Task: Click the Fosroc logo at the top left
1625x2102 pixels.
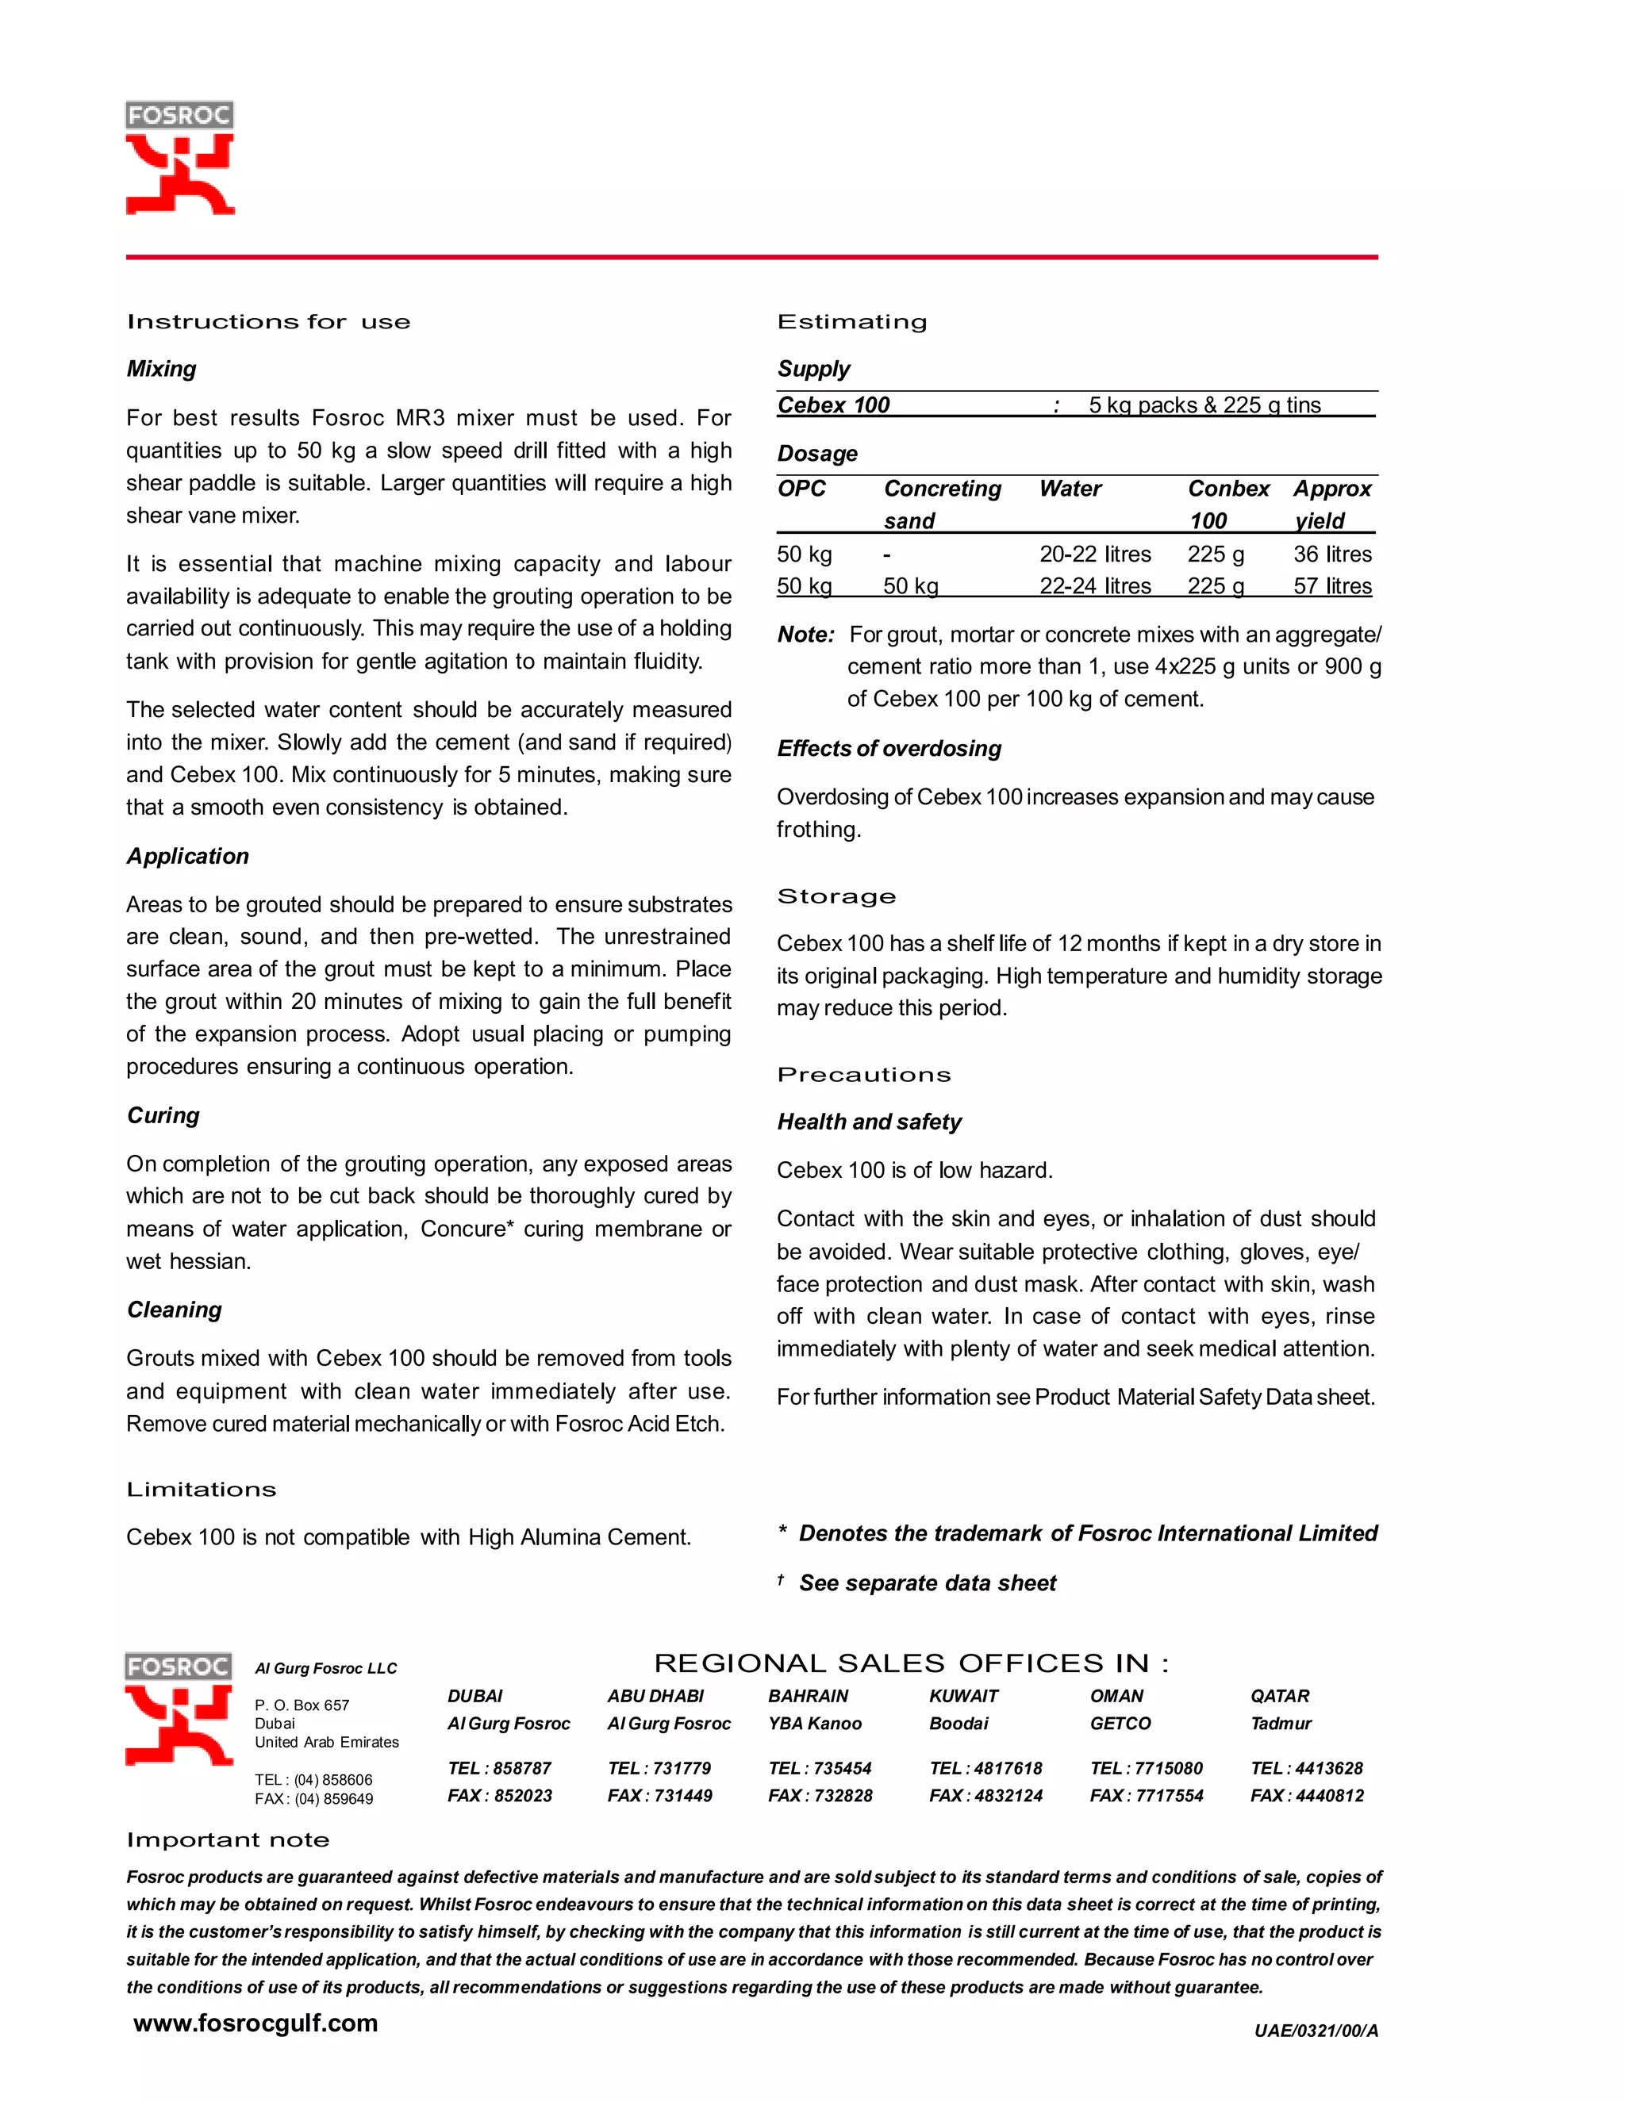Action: (180, 158)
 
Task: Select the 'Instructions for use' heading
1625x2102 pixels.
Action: (269, 322)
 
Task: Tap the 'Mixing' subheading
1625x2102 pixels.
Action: (162, 370)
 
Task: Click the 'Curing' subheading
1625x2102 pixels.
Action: (163, 1115)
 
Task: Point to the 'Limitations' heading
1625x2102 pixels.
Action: (202, 1490)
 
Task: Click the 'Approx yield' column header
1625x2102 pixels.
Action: (1332, 504)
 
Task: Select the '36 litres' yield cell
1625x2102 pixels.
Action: (1332, 554)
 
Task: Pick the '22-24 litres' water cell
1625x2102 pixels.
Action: (1094, 586)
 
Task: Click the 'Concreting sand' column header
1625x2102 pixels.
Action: (942, 504)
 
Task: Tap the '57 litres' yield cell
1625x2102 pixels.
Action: (1332, 586)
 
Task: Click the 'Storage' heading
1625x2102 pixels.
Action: (836, 897)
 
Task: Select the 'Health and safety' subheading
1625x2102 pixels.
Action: (870, 1122)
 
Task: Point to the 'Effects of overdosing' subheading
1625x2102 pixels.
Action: (889, 749)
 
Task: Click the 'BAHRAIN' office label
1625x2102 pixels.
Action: (809, 1696)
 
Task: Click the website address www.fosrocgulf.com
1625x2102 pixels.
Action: (255, 2023)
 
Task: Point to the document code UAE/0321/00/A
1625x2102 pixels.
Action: (1316, 2031)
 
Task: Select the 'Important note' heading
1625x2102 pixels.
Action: (229, 1840)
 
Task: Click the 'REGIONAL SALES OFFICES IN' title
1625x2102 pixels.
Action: (911, 1663)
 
